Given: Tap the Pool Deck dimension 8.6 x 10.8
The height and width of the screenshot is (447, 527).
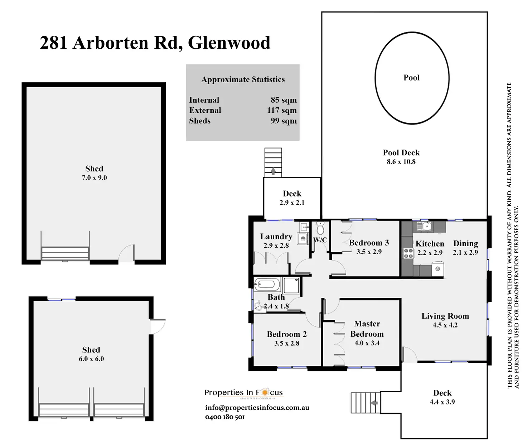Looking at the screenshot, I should click(x=401, y=162).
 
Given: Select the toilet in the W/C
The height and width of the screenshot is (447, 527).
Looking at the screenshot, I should click(x=320, y=228).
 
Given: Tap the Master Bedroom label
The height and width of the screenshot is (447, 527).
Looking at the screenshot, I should click(x=367, y=329).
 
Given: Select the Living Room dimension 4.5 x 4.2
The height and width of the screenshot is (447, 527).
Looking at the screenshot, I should click(x=445, y=325).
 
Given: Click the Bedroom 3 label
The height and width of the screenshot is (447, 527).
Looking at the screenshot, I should click(x=369, y=243).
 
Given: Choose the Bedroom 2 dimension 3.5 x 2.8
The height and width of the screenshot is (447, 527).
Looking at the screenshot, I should click(x=286, y=343).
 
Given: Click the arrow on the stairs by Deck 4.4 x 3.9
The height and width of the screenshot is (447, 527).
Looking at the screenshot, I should click(x=374, y=403).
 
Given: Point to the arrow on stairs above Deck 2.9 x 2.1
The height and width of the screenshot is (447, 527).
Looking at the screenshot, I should click(x=273, y=171).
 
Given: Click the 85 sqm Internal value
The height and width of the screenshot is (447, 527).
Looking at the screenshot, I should click(x=284, y=100).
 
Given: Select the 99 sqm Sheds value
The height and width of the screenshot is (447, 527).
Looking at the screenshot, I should click(x=284, y=121).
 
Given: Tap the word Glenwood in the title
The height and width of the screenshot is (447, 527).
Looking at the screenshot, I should click(x=229, y=43).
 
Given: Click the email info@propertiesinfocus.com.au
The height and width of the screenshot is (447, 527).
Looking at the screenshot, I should click(x=257, y=407).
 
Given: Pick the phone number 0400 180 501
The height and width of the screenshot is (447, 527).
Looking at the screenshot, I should click(x=225, y=417).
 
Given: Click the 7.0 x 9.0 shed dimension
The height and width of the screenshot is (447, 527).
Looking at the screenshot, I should click(x=94, y=178).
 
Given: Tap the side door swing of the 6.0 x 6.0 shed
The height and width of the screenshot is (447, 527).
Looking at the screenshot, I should click(x=158, y=326).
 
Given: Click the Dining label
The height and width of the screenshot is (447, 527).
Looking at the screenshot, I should click(x=465, y=243).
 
